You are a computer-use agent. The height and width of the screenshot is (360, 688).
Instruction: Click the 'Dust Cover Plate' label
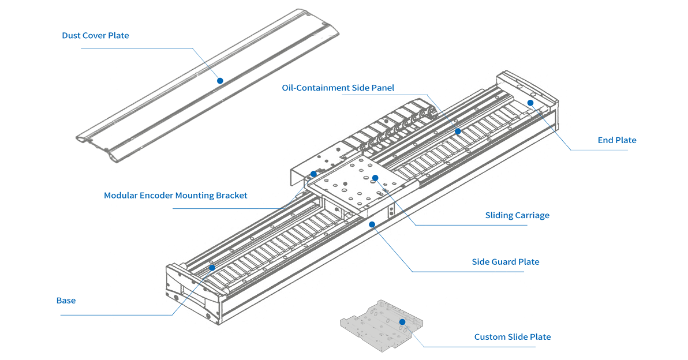tap(95, 36)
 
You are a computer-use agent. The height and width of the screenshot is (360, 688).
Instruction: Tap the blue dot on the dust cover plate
tap(220, 81)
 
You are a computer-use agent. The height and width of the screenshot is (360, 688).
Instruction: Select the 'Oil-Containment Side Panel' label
tap(338, 88)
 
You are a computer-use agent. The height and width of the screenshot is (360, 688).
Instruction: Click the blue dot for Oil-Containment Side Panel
tap(458, 132)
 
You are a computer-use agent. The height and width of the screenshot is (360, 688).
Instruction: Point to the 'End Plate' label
tap(617, 140)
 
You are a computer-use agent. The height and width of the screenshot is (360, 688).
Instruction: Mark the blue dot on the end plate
tap(530, 103)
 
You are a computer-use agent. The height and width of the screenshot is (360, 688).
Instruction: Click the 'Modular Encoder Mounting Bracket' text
tap(175, 196)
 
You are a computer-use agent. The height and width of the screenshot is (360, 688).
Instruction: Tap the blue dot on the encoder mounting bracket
tap(313, 174)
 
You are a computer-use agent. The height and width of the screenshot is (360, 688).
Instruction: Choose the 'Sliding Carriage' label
tap(517, 216)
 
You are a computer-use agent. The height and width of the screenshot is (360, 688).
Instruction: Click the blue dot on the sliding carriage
tap(375, 178)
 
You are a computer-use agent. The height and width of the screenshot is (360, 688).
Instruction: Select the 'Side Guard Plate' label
tap(506, 262)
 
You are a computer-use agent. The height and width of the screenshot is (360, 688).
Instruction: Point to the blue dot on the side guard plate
tap(372, 224)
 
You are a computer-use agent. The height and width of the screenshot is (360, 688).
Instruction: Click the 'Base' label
tap(66, 301)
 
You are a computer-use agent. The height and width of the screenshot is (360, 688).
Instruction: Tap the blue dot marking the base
tap(212, 268)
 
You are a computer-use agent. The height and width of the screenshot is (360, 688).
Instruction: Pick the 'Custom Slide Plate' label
tap(513, 337)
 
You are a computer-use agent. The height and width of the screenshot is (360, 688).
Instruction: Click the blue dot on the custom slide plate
tap(402, 321)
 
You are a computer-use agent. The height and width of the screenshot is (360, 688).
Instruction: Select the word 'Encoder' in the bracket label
tap(158, 196)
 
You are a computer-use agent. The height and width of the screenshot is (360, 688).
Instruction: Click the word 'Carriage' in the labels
tap(530, 216)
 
